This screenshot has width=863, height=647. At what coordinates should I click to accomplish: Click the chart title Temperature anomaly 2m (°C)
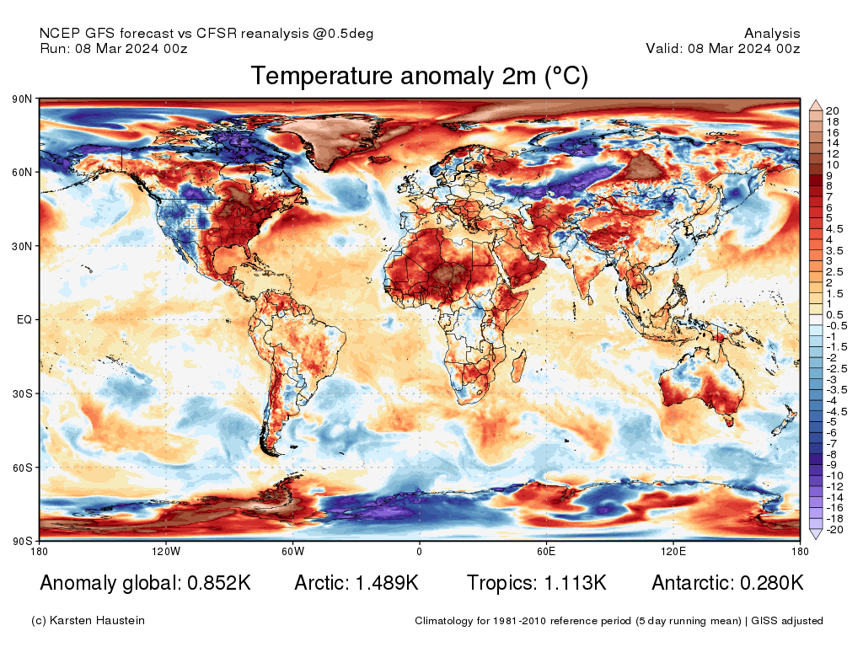419,77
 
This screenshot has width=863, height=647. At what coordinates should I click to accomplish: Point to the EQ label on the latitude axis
24,320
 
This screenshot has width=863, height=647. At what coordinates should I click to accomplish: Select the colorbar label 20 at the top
833,110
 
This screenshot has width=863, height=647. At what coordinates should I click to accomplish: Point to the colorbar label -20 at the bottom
834,529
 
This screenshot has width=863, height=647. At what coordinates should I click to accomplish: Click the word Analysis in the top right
772,34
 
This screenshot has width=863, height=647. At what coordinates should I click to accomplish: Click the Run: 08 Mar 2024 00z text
114,49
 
